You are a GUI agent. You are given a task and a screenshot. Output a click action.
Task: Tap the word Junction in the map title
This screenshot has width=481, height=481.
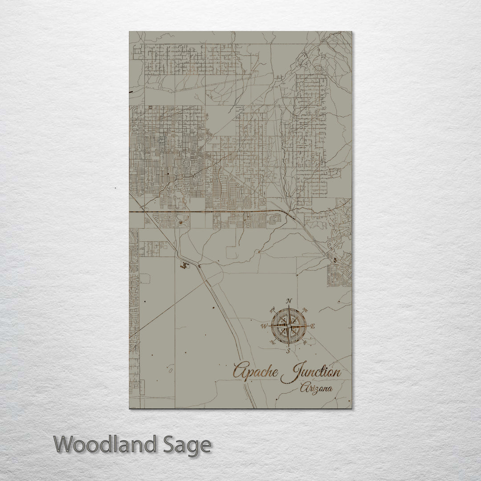312,373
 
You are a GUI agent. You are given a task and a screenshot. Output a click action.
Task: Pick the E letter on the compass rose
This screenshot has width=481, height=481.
312,326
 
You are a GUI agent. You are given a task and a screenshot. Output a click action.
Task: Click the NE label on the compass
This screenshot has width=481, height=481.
305,310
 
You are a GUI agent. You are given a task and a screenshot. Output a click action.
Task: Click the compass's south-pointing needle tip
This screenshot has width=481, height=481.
289,346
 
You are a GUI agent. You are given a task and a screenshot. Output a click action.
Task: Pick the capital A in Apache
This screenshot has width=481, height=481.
239,371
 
